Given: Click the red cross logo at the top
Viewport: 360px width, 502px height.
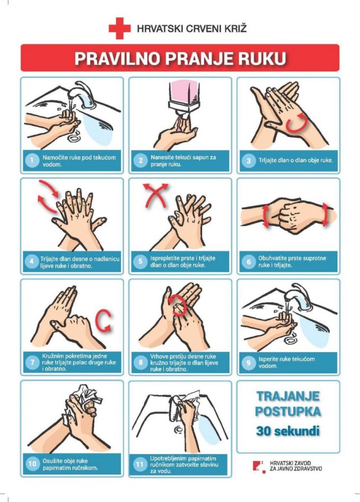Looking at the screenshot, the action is pos(120,28).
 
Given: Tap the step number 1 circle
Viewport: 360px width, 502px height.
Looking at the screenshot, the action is pos(32,160).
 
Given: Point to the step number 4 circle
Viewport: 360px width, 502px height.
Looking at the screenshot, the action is pos(31,262).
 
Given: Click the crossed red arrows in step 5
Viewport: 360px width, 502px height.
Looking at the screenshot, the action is pos(155,195).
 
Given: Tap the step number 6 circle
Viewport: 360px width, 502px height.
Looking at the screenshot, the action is pos(249,262).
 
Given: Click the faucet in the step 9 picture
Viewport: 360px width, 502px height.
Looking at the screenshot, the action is pos(298,296).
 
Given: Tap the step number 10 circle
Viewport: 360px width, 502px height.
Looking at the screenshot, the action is pos(32,464).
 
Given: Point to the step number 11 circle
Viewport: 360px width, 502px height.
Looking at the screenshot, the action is pos(140,464).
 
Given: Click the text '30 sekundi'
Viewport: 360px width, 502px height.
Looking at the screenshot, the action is pos(287,430).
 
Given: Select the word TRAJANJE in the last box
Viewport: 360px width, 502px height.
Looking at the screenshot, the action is pos(288,396).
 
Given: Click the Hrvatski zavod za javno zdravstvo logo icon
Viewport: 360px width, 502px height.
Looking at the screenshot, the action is pos(259,467).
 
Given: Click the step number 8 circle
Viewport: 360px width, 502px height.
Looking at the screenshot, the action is pos(140,362).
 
